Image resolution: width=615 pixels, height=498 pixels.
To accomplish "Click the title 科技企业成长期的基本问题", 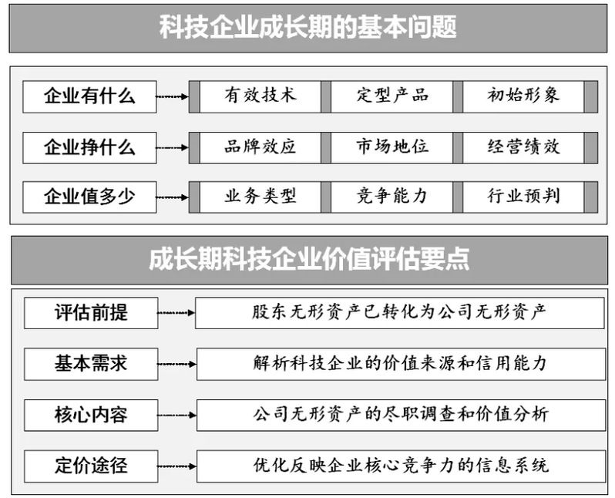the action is tap(308, 27).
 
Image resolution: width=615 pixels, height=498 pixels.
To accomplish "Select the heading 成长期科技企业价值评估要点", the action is tap(309, 259).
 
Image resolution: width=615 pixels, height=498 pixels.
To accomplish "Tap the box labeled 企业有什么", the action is tap(89, 96).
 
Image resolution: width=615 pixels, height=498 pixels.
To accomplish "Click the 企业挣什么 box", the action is tap(89, 147).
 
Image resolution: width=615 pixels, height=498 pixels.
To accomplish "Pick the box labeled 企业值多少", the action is tap(89, 197).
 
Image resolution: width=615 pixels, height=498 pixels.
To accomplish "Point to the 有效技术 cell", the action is tap(260, 96).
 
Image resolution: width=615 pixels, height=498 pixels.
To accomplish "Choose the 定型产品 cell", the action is tap(392, 96).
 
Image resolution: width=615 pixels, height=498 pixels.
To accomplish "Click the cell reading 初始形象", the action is tap(523, 96).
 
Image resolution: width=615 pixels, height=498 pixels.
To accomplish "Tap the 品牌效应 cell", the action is tap(260, 147).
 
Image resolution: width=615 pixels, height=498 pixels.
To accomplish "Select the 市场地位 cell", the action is tap(392, 147).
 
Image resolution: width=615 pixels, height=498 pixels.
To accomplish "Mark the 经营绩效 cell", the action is tap(523, 147).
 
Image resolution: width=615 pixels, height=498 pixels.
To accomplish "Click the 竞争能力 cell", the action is tap(392, 197).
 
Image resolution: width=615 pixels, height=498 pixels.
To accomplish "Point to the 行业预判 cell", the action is tap(523, 197).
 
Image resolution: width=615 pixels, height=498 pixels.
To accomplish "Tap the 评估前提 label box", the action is tap(91, 313).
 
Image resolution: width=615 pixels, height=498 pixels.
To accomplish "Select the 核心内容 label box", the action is tap(91, 416).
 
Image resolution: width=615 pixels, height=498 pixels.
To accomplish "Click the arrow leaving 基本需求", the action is tap(176, 364).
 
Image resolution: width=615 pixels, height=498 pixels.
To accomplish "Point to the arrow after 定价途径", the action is tap(176, 466).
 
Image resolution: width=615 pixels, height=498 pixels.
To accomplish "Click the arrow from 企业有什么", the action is tap(172, 96).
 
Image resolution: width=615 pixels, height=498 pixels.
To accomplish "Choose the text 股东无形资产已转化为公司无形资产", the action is tap(399, 312).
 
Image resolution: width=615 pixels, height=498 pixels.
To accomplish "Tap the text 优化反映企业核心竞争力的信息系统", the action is tap(401, 466).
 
